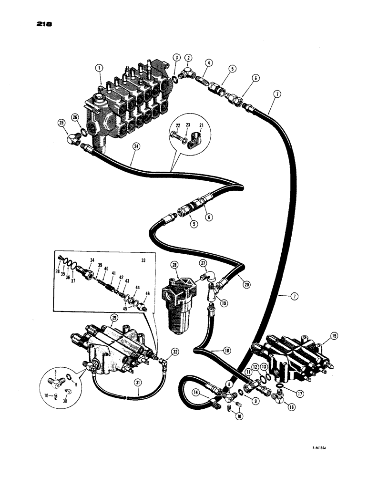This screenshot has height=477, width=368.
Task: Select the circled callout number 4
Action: [209, 63]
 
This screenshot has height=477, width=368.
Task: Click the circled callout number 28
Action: [175, 265]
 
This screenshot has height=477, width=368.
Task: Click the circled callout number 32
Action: [175, 352]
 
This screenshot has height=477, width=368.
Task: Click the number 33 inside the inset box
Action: [143, 260]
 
